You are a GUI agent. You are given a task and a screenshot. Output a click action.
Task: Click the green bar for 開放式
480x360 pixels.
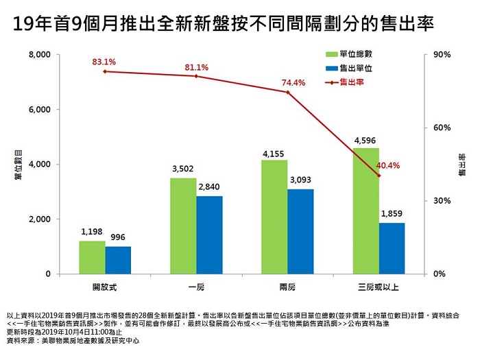click(x=92, y=257)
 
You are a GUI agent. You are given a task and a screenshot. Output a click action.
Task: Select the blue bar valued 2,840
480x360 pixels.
click(x=209, y=235)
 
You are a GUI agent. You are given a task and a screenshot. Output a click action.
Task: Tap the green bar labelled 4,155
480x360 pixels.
click(x=274, y=217)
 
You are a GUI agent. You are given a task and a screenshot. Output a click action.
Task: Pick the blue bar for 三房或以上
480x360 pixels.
click(x=392, y=248)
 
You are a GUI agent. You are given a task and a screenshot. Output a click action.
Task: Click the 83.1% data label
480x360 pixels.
click(x=104, y=62)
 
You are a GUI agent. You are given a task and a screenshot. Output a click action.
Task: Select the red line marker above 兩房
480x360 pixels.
click(x=287, y=91)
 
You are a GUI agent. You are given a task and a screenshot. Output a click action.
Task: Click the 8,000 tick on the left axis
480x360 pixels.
click(x=40, y=55)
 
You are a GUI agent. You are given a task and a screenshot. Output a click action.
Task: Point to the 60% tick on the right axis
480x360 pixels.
click(x=441, y=128)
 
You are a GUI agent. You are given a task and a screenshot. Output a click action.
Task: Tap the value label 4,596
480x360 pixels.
click(x=365, y=141)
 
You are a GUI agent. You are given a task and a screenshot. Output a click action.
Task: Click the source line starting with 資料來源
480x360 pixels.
click(x=73, y=340)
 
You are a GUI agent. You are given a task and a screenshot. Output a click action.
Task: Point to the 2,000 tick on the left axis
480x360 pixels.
click(x=40, y=219)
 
